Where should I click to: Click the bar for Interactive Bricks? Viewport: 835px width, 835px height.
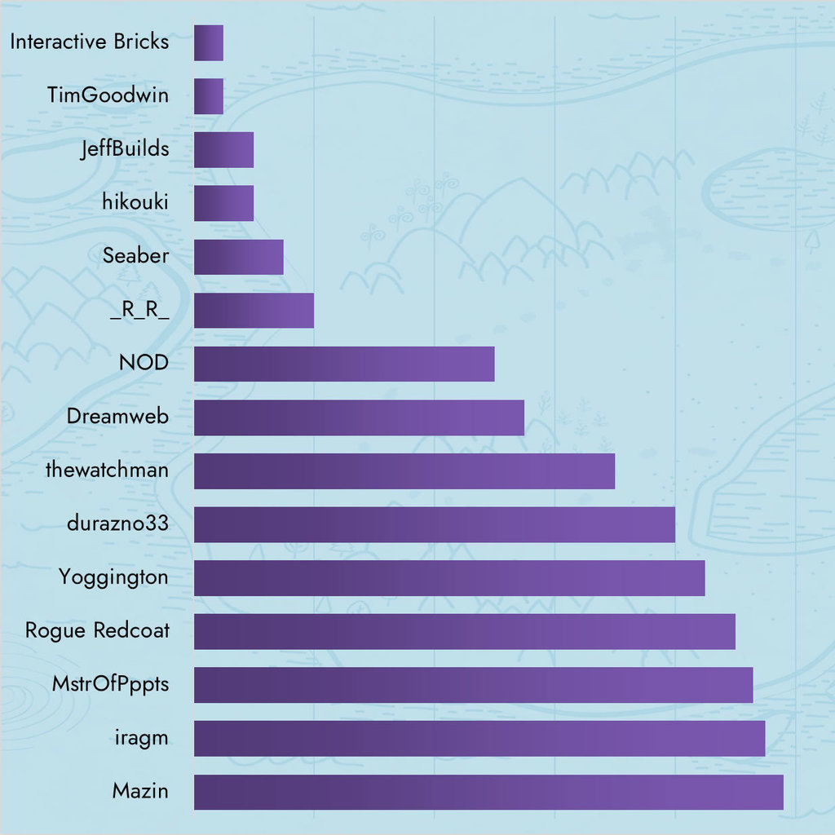pos(208,42)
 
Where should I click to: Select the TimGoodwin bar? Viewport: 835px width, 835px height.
pos(208,96)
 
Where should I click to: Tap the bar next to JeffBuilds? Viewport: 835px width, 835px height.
pos(223,150)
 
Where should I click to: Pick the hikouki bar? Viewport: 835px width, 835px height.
pos(223,203)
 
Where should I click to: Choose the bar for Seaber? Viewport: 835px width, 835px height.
pos(238,257)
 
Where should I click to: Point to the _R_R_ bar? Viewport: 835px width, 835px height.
pos(254,311)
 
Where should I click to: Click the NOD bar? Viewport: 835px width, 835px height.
pos(344,364)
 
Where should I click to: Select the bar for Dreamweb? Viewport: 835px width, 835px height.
pos(359,417)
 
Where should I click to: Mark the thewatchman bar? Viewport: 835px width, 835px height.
pos(404,471)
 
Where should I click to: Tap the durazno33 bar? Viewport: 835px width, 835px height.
pos(434,524)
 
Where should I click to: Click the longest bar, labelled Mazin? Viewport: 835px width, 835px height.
pos(488,792)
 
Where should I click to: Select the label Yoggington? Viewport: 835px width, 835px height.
pos(113,578)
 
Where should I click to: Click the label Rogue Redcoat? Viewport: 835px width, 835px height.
pos(97,631)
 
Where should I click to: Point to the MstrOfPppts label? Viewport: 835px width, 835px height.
pos(110,685)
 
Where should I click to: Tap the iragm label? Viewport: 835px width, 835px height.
pos(142,739)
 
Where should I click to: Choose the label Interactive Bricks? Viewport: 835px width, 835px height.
pos(90,42)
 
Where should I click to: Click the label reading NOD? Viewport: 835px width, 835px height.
pos(144,364)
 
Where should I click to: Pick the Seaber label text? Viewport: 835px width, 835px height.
pos(135,257)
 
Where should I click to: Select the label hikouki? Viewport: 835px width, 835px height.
pos(135,203)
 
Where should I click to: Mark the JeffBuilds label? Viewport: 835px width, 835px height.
pos(125,150)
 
